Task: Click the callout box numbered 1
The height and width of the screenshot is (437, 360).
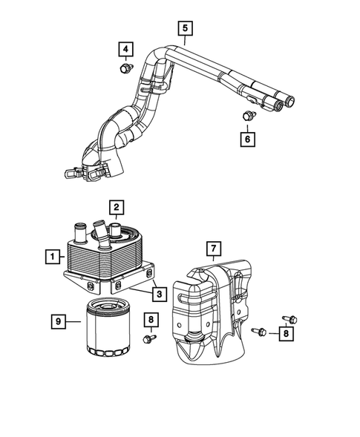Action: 53,257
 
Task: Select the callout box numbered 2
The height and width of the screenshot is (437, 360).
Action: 117,207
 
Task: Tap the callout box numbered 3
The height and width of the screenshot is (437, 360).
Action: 160,295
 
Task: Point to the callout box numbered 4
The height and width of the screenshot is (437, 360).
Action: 125,49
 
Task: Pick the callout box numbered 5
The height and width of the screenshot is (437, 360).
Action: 185,28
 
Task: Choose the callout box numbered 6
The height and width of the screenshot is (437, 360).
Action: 248,139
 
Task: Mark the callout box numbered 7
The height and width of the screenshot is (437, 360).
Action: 214,249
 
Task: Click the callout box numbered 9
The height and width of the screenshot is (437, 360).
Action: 59,321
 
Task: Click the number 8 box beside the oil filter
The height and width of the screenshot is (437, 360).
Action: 151,320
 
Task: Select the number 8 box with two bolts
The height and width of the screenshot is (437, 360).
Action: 286,333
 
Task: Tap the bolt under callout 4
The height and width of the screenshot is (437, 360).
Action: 127,68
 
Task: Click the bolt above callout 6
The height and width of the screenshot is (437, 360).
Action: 249,116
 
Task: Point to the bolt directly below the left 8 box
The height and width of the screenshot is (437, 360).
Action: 149,339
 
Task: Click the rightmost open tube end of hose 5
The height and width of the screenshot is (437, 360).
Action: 290,101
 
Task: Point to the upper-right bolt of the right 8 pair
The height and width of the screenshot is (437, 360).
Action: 290,319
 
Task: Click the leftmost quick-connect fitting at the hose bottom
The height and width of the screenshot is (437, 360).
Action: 71,174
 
